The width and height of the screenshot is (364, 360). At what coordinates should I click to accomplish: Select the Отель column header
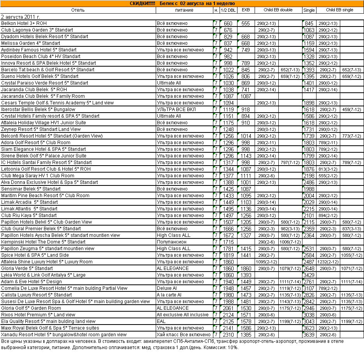[x=78, y=10]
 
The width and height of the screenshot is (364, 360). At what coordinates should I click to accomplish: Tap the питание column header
[x=184, y=10]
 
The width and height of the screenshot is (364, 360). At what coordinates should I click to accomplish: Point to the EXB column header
[x=245, y=10]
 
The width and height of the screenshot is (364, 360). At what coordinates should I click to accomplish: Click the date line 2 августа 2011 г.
[x=21, y=17]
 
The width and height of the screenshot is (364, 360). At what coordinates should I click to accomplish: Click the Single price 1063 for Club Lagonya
[x=309, y=30]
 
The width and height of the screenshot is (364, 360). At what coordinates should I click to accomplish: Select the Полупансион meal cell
[x=172, y=242]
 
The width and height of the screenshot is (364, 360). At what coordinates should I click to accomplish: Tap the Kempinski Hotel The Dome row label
[x=43, y=242]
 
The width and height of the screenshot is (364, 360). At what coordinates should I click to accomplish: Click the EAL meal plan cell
[x=162, y=321]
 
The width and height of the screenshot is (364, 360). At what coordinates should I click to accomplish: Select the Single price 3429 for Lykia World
[x=309, y=275]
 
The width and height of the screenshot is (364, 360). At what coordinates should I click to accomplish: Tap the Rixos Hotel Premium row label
[x=38, y=315]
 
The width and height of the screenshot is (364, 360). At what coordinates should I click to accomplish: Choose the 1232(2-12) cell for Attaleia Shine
[x=327, y=262]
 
